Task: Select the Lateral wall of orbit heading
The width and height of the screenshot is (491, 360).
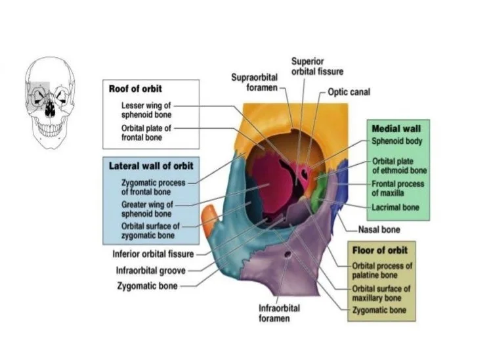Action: [150, 166]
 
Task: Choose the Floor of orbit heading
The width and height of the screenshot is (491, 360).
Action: [380, 250]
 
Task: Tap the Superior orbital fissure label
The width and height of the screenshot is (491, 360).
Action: [317, 66]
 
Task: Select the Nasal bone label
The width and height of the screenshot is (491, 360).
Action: [379, 230]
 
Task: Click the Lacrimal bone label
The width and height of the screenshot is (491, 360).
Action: [395, 207]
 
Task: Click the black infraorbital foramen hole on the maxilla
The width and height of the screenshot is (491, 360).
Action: [287, 254]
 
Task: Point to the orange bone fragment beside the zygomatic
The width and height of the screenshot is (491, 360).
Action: [208, 219]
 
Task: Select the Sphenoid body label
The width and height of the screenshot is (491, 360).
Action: [396, 141]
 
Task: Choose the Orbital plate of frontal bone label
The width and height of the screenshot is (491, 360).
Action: [146, 132]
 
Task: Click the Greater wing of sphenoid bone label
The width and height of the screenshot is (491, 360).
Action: [147, 209]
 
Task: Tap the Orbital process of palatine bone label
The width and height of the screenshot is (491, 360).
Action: [382, 269]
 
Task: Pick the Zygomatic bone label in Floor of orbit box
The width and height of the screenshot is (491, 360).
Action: [379, 309]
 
